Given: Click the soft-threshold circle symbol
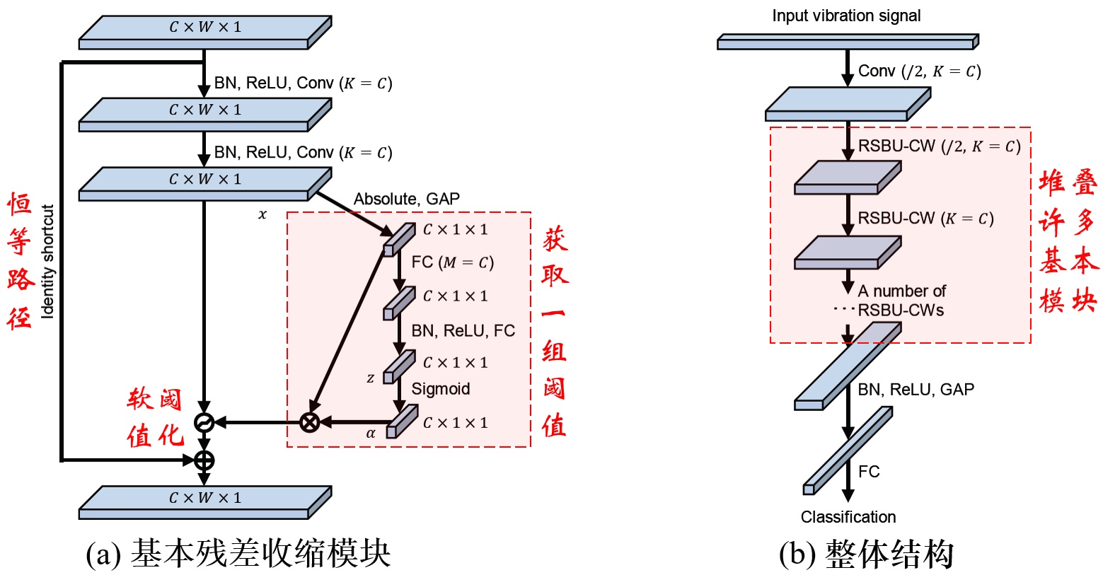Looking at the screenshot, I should pyautogui.click(x=204, y=423).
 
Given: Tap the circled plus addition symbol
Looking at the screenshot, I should pyautogui.click(x=204, y=460).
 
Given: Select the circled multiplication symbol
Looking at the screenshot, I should pyautogui.click(x=309, y=423).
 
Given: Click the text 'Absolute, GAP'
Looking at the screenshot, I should pyautogui.click(x=406, y=199).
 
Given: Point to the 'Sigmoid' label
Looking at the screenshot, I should pyautogui.click(x=440, y=389).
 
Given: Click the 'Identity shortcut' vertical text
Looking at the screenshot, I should pyautogui.click(x=48, y=262).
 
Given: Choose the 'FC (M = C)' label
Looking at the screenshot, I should pyautogui.click(x=452, y=262).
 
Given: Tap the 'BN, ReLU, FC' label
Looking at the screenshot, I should pyautogui.click(x=463, y=331).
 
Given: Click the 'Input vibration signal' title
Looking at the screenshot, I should pyautogui.click(x=846, y=16).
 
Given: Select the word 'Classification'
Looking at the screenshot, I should pyautogui.click(x=848, y=517).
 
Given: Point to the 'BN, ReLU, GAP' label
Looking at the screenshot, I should pyautogui.click(x=916, y=390).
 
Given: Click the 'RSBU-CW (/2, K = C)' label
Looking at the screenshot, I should pyautogui.click(x=939, y=146).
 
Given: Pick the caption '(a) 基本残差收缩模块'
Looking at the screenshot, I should pyautogui.click(x=238, y=554).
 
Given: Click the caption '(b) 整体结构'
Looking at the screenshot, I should pyautogui.click(x=866, y=554).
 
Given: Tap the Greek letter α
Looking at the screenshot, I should pyautogui.click(x=371, y=434).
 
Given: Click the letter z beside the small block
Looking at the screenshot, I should pyautogui.click(x=370, y=378).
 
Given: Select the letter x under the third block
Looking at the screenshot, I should pyautogui.click(x=262, y=214).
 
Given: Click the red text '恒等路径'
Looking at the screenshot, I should pyautogui.click(x=20, y=262).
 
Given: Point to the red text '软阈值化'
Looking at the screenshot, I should pyautogui.click(x=155, y=418).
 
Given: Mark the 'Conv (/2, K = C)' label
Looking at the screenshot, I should pyautogui.click(x=919, y=71).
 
